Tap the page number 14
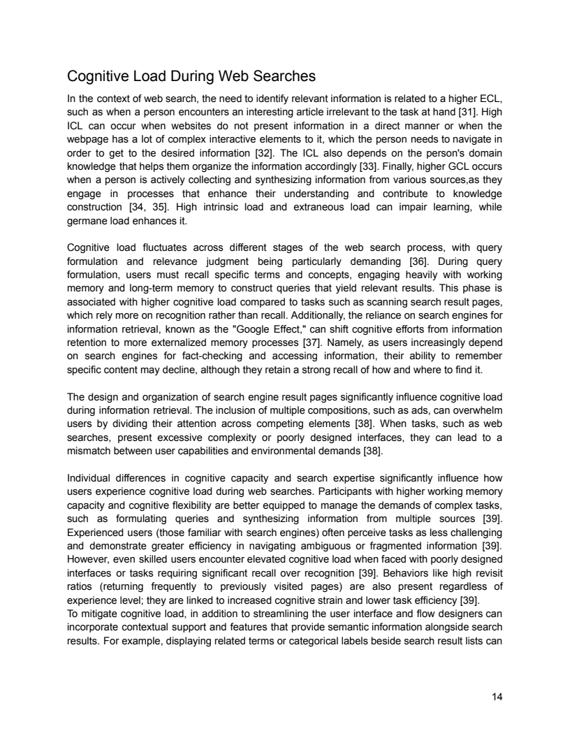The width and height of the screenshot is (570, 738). [496, 697]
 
